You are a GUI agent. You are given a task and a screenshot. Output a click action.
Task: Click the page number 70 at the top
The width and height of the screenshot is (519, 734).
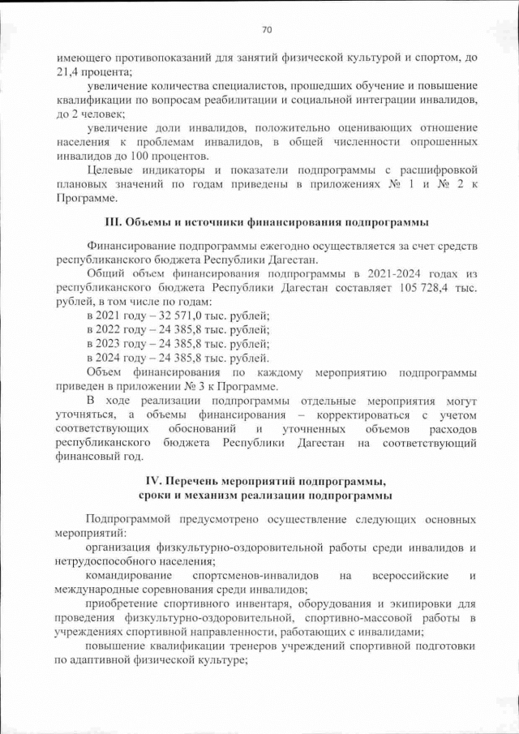tap(266, 30)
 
